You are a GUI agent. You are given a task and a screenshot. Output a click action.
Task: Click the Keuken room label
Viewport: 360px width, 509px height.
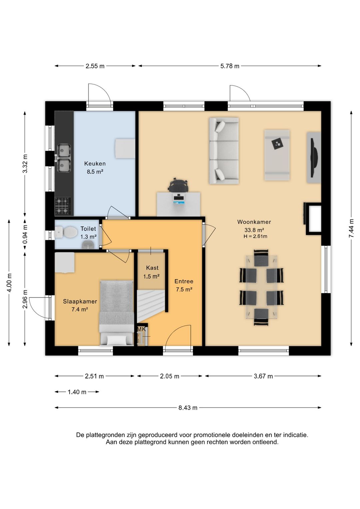[x=95, y=163]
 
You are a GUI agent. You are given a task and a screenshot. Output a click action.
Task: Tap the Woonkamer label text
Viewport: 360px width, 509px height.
[x=254, y=222]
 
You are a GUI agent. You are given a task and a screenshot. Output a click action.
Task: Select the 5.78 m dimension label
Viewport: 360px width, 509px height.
[x=230, y=66]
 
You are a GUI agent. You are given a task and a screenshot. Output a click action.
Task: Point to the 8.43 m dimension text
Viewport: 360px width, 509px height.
[x=188, y=408]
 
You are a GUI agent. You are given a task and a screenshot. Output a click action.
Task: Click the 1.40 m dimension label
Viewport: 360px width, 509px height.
[x=77, y=392]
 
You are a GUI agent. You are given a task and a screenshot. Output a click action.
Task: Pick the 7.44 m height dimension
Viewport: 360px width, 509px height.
[x=351, y=228]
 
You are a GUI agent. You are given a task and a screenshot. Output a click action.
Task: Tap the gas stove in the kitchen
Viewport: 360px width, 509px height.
[x=63, y=206]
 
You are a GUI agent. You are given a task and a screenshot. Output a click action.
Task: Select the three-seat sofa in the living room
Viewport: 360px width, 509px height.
[x=224, y=151]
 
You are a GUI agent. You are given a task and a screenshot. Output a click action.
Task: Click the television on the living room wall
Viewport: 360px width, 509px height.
[x=315, y=157]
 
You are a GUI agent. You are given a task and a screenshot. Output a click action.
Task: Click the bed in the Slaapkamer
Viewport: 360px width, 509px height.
[x=116, y=313]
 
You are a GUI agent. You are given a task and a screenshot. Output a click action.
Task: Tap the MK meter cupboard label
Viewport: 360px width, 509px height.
[x=141, y=329]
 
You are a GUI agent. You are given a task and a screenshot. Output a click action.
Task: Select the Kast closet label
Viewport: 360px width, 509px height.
[x=152, y=268]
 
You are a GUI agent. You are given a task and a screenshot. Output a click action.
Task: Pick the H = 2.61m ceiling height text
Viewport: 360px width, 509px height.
[x=255, y=236]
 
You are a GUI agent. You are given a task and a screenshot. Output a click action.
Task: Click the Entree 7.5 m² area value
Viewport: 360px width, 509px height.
[x=184, y=290]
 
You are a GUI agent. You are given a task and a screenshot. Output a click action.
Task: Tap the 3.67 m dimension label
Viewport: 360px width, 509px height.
[x=263, y=376]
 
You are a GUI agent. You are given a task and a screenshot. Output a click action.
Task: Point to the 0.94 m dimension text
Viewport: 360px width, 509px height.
[x=25, y=234]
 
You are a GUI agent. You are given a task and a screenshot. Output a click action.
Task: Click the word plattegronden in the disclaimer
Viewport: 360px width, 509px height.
[x=107, y=435]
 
